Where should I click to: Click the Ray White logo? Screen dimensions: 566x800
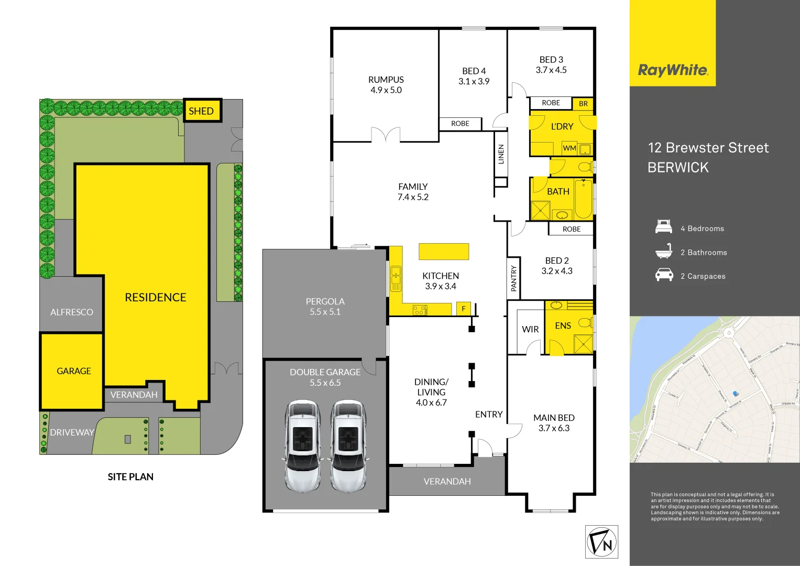click(x=673, y=70)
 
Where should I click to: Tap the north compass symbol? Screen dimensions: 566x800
click(x=601, y=542)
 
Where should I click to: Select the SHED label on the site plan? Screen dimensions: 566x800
click(x=201, y=111)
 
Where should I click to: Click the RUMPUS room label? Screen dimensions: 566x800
click(x=386, y=80)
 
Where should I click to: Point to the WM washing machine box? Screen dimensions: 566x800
click(x=569, y=148)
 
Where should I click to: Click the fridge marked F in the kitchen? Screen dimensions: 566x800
click(x=464, y=309)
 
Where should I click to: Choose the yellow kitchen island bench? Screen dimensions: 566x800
click(x=444, y=251)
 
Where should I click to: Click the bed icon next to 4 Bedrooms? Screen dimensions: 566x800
click(x=664, y=227)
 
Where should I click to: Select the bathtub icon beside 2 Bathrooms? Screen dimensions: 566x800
click(x=664, y=252)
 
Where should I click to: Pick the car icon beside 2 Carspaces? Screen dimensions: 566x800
click(x=664, y=275)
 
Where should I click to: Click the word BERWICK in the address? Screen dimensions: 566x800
click(x=678, y=168)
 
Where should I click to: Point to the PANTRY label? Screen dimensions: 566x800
click(x=514, y=278)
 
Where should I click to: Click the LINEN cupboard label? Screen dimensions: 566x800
click(x=501, y=155)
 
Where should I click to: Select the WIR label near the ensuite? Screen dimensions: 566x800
click(x=530, y=330)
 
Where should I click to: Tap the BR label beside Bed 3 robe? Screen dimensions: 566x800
click(x=583, y=104)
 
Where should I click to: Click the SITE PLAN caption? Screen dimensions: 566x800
click(x=130, y=477)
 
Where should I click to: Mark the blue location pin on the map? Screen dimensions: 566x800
click(x=736, y=394)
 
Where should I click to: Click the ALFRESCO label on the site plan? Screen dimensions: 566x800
click(x=72, y=312)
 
